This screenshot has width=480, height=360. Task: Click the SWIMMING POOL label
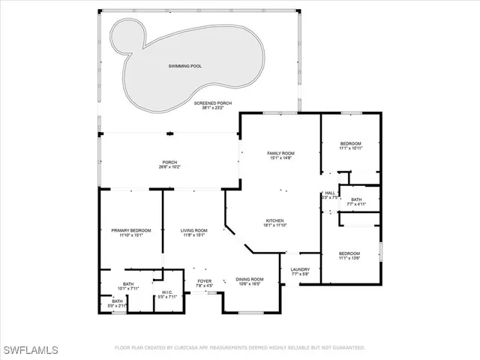(184, 66)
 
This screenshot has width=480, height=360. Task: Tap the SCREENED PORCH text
(213, 101)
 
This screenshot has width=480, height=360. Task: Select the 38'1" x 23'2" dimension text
(213, 107)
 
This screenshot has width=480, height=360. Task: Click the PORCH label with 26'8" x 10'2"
(169, 163)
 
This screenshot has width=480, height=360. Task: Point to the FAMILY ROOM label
(282, 153)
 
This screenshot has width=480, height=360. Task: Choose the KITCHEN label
(274, 220)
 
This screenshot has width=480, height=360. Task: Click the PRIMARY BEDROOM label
(131, 230)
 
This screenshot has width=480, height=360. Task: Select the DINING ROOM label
(250, 279)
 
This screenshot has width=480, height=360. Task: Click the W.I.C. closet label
(167, 292)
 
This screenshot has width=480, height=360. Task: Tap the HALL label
(330, 193)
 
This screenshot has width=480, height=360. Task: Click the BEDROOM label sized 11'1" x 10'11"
(350, 143)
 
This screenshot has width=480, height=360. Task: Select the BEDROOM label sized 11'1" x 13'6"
(349, 253)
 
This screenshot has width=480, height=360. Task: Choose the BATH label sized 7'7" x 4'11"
(356, 199)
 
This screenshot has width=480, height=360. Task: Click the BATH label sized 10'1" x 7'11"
(128, 283)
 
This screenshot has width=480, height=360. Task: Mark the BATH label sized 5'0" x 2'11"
(118, 301)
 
